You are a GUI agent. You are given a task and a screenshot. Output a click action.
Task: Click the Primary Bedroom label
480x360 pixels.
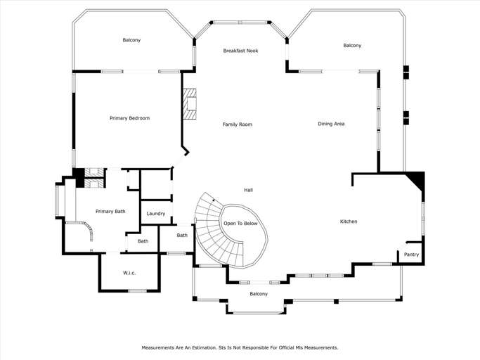(x=130, y=118)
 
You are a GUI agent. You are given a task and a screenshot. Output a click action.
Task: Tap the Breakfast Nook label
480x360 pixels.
(x=240, y=51)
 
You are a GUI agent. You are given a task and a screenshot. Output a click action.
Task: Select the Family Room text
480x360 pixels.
(x=238, y=124)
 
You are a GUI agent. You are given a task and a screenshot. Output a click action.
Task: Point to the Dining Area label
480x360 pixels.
(x=331, y=124)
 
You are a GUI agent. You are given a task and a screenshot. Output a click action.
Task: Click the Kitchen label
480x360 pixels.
(x=349, y=221)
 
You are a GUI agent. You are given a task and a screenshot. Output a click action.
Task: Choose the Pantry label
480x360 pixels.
(x=411, y=255)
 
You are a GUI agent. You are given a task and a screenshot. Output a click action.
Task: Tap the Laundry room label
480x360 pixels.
(x=156, y=214)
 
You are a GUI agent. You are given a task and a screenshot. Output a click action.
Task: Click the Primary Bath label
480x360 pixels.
(x=110, y=212)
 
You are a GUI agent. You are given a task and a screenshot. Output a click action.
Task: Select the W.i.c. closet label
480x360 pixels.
(x=129, y=273)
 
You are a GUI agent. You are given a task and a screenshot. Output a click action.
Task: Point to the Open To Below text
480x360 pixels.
(x=240, y=224)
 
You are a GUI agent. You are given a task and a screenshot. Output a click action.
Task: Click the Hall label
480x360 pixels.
(x=248, y=190)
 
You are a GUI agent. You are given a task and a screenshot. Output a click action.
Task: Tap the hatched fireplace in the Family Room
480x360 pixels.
(x=190, y=104)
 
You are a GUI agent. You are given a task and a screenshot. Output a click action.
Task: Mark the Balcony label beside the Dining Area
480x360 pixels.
(x=352, y=45)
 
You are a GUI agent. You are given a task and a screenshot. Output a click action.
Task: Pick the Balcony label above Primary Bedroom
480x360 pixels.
(x=131, y=40)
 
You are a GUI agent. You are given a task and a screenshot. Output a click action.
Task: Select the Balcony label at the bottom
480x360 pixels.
(x=259, y=294)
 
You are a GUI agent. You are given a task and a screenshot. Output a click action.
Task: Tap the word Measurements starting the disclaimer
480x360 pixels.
(x=157, y=348)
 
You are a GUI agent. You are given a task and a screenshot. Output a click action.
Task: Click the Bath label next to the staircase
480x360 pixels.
(x=182, y=236)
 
